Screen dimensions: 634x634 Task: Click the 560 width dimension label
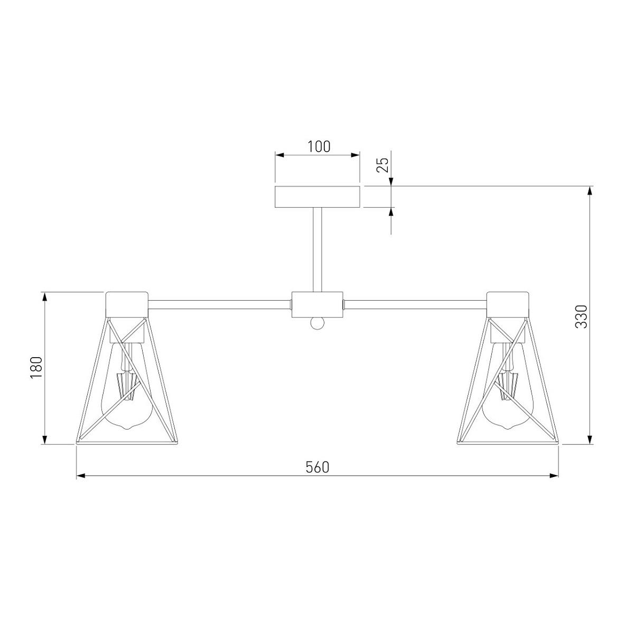coord(317,467)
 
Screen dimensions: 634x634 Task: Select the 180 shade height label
coord(36,368)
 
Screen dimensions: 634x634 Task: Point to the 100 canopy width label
coord(319,147)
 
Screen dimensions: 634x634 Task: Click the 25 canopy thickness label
coord(383,165)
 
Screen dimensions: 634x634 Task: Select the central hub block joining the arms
coord(317,305)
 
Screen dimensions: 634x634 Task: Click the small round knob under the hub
coord(317,324)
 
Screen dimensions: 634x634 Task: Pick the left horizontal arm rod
coord(220,305)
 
